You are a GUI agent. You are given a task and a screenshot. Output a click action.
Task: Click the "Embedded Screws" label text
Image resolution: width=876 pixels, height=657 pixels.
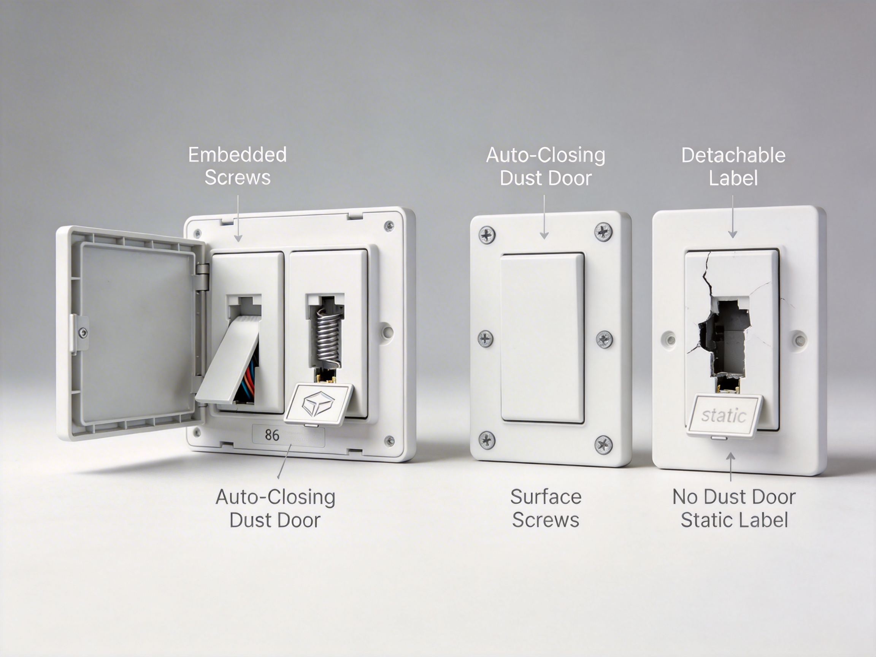[237, 166]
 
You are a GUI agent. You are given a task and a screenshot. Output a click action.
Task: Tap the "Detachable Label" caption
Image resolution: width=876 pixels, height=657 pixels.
[733, 166]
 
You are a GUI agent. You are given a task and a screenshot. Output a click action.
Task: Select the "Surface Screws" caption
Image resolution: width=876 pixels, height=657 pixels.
[546, 508]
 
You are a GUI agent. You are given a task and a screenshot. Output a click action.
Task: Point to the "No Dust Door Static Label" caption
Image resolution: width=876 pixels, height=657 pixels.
[734, 508]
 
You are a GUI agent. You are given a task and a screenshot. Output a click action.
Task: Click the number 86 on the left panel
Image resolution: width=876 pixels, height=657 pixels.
[272, 435]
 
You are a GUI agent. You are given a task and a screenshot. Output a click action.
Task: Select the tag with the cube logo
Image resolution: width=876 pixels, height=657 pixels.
[318, 404]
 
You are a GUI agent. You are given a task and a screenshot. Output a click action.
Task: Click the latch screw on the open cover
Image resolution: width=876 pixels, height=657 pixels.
[83, 333]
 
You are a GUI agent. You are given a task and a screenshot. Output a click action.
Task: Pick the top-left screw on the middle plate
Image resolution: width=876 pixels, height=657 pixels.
[487, 235]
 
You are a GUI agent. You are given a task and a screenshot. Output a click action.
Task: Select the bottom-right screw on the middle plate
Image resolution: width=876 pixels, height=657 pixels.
[603, 444]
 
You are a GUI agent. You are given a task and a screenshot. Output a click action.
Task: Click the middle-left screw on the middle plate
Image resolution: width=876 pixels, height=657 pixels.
[485, 338]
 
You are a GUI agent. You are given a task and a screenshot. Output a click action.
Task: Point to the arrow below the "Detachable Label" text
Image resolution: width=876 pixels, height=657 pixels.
[733, 217]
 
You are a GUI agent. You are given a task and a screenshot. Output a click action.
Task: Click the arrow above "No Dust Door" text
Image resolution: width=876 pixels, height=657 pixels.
[731, 467]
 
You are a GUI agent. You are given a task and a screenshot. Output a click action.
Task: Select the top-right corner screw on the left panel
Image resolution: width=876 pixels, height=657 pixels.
[389, 226]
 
